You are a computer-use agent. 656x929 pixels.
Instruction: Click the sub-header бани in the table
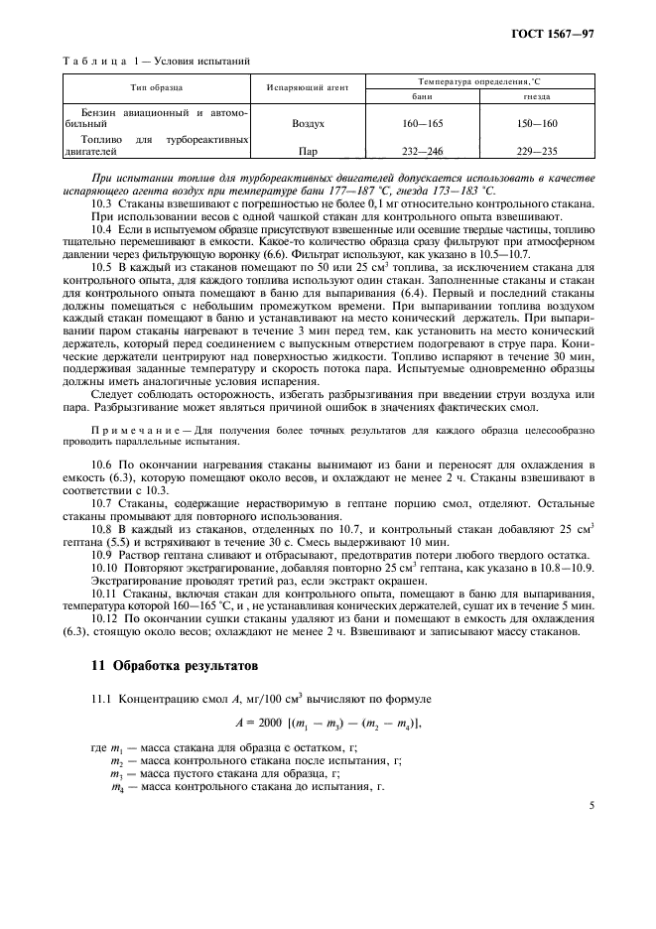[422, 97]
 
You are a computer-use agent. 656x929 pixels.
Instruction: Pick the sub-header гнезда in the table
[537, 97]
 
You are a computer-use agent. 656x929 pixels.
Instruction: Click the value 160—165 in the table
[422, 126]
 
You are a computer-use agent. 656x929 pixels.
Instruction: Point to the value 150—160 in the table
[537, 126]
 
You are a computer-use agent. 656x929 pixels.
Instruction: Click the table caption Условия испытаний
[203, 60]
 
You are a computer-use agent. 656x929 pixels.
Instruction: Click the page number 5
[590, 807]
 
